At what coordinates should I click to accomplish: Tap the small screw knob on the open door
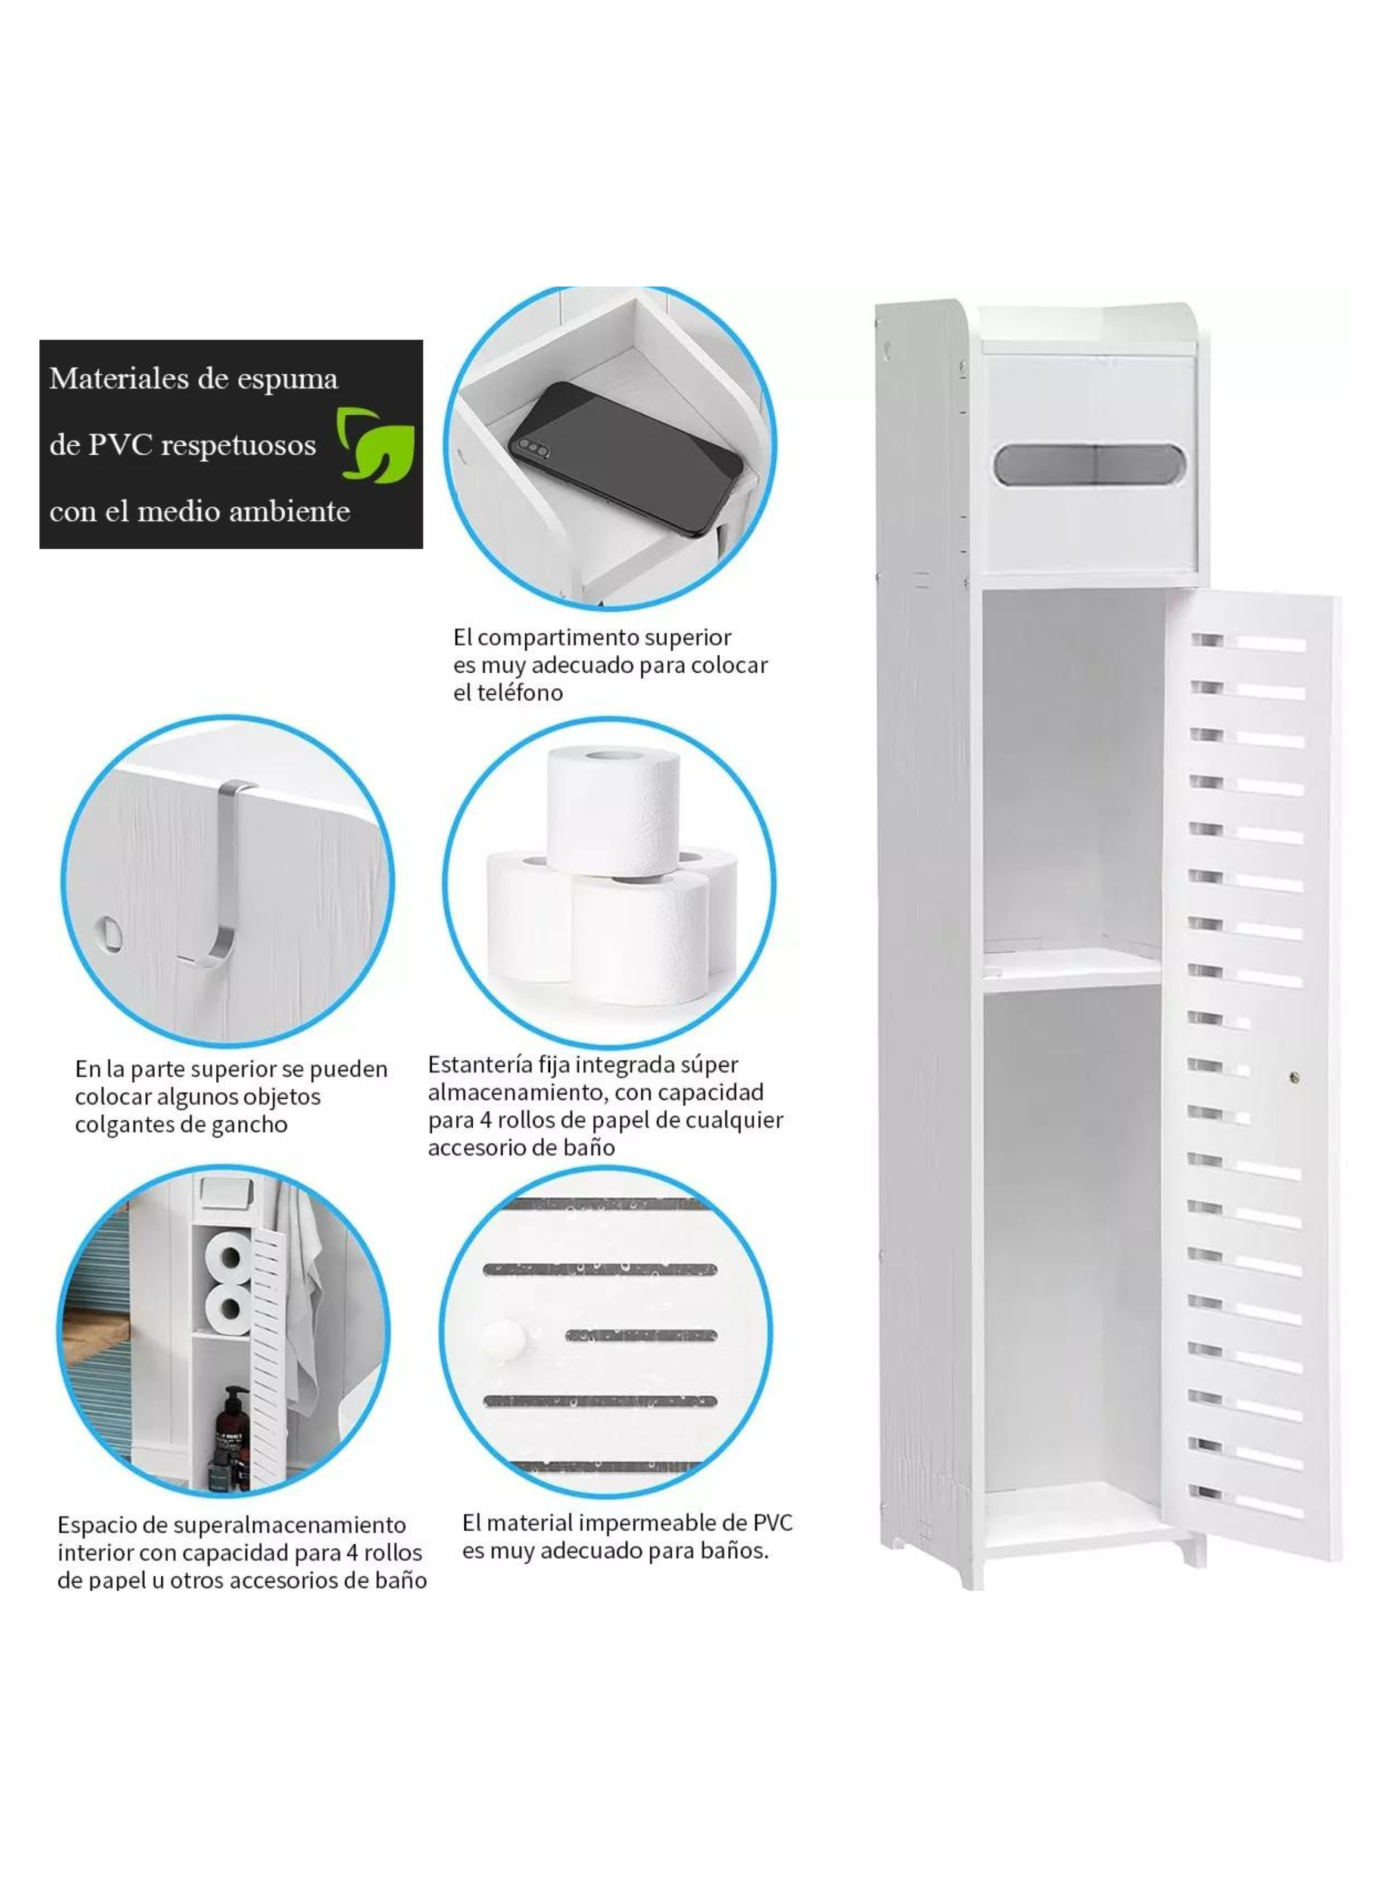(1294, 1077)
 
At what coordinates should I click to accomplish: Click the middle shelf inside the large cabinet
(1073, 968)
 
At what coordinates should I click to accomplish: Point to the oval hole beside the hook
(108, 931)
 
